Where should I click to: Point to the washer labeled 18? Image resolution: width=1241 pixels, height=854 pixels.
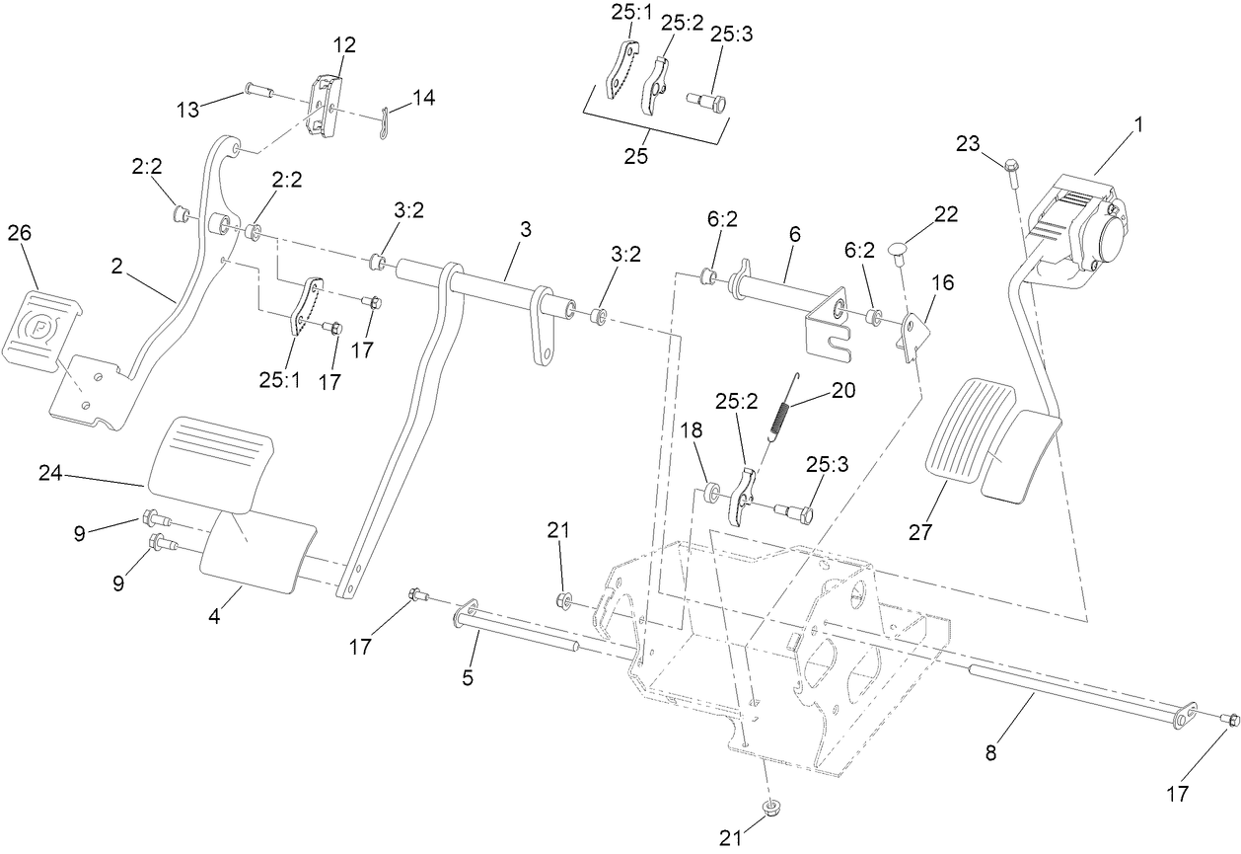tap(709, 489)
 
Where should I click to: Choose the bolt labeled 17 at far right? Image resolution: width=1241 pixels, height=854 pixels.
tap(1228, 720)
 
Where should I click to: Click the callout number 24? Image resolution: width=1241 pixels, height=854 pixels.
tap(52, 475)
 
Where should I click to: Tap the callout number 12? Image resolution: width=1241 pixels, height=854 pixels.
tap(344, 45)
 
